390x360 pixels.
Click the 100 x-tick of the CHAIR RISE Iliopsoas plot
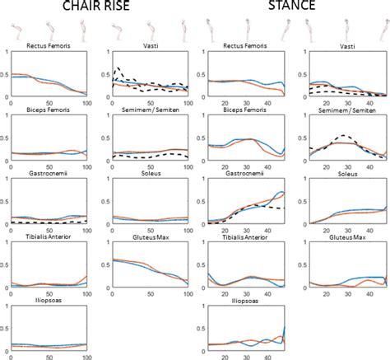[x=85, y=357]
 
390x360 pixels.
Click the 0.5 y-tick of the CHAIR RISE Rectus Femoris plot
[x=7, y=74]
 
